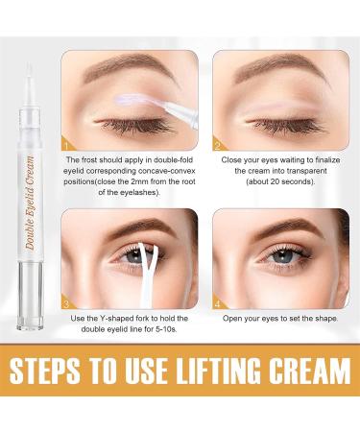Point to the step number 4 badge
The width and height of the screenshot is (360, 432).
coord(218,305)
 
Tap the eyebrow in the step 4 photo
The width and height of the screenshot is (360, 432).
coord(278,230)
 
